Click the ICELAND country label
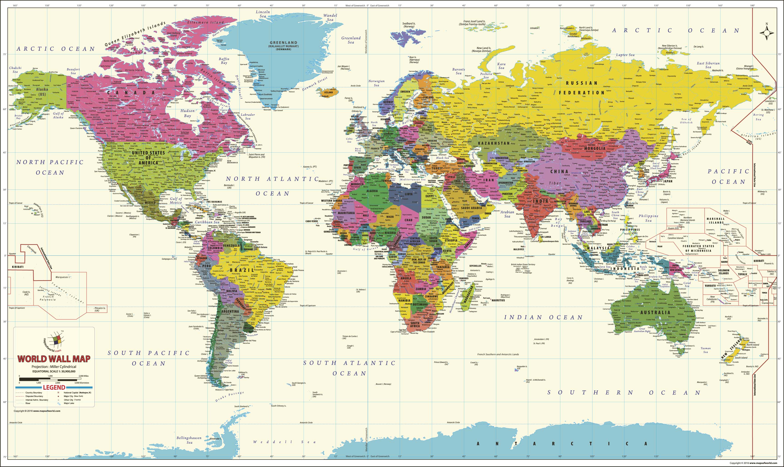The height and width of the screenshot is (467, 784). (328, 92)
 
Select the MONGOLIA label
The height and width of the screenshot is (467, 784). (595, 148)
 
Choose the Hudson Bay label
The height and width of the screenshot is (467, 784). (187, 113)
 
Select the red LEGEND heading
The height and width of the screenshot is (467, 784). (54, 387)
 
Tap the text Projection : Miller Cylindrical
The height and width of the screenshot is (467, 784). (54, 367)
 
